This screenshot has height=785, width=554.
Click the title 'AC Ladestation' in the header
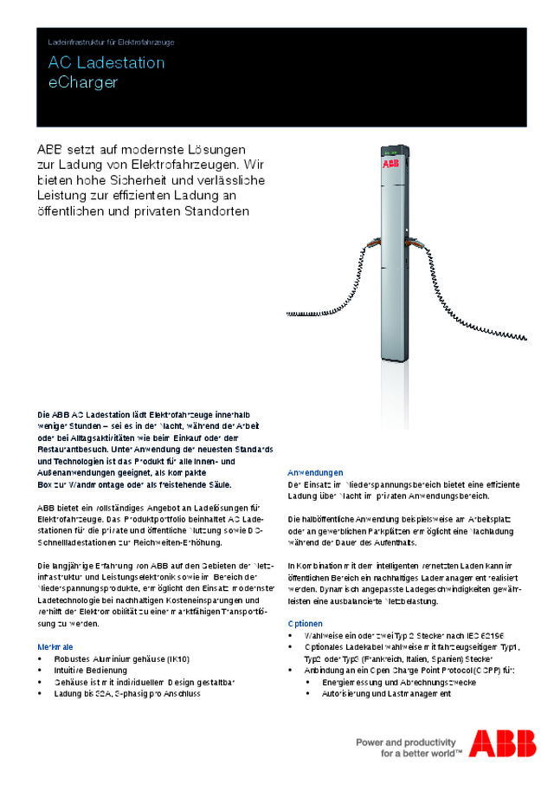(x=106, y=63)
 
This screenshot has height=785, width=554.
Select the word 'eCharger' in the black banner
(x=83, y=82)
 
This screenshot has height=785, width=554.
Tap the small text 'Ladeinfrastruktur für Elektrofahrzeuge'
(x=112, y=41)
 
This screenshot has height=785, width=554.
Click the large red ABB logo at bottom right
(x=502, y=743)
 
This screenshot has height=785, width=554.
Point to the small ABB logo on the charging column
(x=390, y=164)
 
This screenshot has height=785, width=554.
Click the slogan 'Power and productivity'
(x=406, y=743)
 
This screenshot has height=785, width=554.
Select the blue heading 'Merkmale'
(x=55, y=647)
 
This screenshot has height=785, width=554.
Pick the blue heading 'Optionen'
(x=305, y=624)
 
